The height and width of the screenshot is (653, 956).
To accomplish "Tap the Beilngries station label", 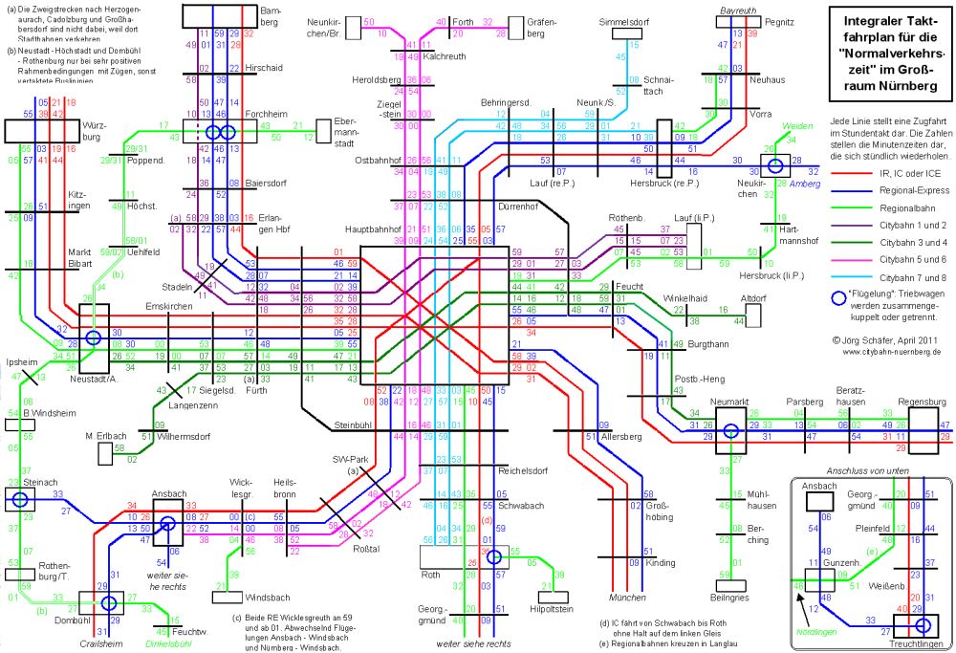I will [x=730, y=597].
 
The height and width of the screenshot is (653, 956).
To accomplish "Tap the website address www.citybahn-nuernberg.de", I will [x=890, y=351].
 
